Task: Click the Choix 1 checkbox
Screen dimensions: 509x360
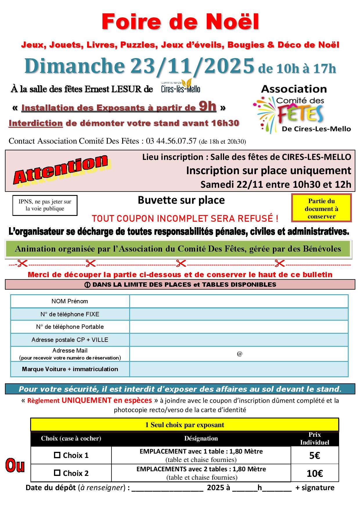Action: coord(57,455)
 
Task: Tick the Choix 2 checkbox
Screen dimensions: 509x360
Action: coord(57,473)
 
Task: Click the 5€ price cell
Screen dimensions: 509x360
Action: coord(315,456)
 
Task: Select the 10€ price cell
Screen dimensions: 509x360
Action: coord(315,474)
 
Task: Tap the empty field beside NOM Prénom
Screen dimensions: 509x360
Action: coord(239,301)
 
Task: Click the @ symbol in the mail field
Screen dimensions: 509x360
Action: coord(240,354)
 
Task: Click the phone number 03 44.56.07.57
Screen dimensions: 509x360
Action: coord(171,141)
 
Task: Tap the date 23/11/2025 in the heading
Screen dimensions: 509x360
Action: coord(192,66)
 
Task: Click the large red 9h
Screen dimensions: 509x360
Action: coord(207,107)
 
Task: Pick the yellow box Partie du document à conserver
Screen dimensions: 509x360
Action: coord(321,208)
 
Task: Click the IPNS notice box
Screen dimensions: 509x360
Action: coord(45,205)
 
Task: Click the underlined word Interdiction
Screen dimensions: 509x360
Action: coord(36,123)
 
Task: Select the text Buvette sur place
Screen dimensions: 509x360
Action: coord(181,200)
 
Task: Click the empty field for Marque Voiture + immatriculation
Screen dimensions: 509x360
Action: coord(239,369)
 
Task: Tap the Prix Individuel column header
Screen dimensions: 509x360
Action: coord(315,438)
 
